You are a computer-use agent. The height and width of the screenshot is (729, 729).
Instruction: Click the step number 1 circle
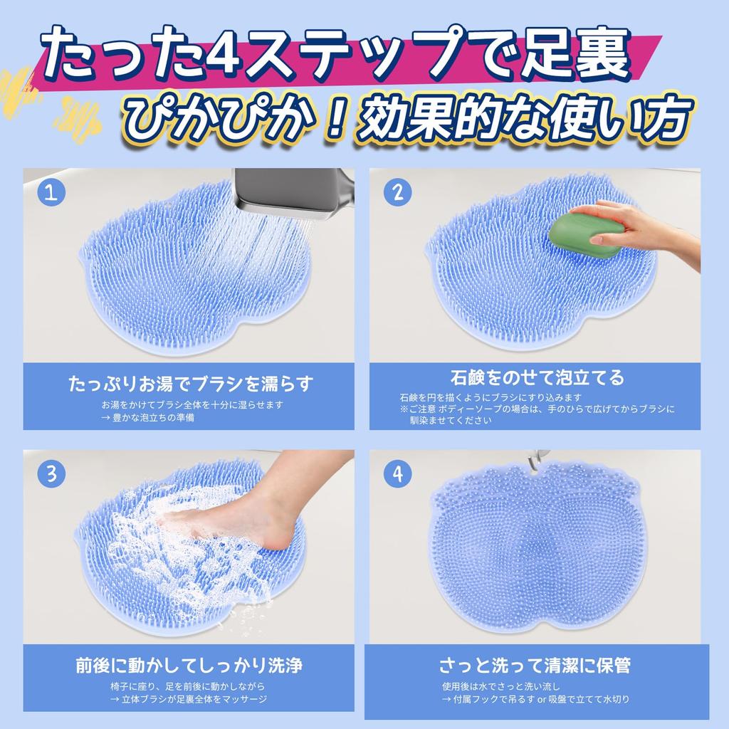51,192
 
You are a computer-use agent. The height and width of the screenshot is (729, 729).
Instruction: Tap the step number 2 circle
397,192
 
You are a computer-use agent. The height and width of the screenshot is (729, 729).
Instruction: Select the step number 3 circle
51,473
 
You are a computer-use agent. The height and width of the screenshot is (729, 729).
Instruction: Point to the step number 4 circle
397,473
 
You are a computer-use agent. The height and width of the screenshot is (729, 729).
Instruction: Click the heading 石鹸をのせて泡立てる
537,377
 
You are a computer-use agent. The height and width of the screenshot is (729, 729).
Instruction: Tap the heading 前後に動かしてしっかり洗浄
189,666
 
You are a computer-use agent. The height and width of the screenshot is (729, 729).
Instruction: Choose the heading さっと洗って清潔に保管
535,666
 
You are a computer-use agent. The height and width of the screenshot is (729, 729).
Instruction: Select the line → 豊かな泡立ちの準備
147,417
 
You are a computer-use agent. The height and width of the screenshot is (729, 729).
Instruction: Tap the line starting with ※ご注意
537,409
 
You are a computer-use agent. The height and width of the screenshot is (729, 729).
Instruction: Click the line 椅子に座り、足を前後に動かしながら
188,686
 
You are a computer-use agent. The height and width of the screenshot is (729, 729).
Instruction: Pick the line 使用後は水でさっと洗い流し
501,686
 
